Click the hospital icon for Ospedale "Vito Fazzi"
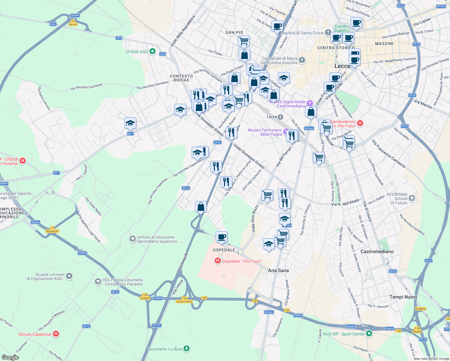pyautogui.click(x=218, y=261)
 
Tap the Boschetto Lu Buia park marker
pyautogui.click(x=186, y=349)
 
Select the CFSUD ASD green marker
pyautogui.click(x=153, y=51)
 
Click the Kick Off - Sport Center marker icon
pyautogui.click(x=369, y=334)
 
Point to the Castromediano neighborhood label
pyautogui.click(x=377, y=251)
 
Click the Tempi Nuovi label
pyautogui.click(x=403, y=297)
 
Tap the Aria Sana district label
pyautogui.click(x=278, y=270)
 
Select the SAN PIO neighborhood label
pyautogui.click(x=234, y=32)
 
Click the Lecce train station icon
pyautogui.click(x=280, y=117)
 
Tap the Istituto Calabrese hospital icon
pyautogui.click(x=56, y=334)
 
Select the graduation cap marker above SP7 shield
pyautogui.click(x=130, y=123)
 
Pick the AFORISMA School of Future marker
pyautogui.click(x=412, y=198)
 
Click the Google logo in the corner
pyautogui.click(x=10, y=357)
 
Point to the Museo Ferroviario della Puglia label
pyautogui.click(x=265, y=132)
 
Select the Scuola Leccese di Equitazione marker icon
pyautogui.click(x=69, y=276)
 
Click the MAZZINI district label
pyautogui.click(x=384, y=44)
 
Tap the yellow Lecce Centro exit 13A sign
pyautogui.click(x=184, y=300)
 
